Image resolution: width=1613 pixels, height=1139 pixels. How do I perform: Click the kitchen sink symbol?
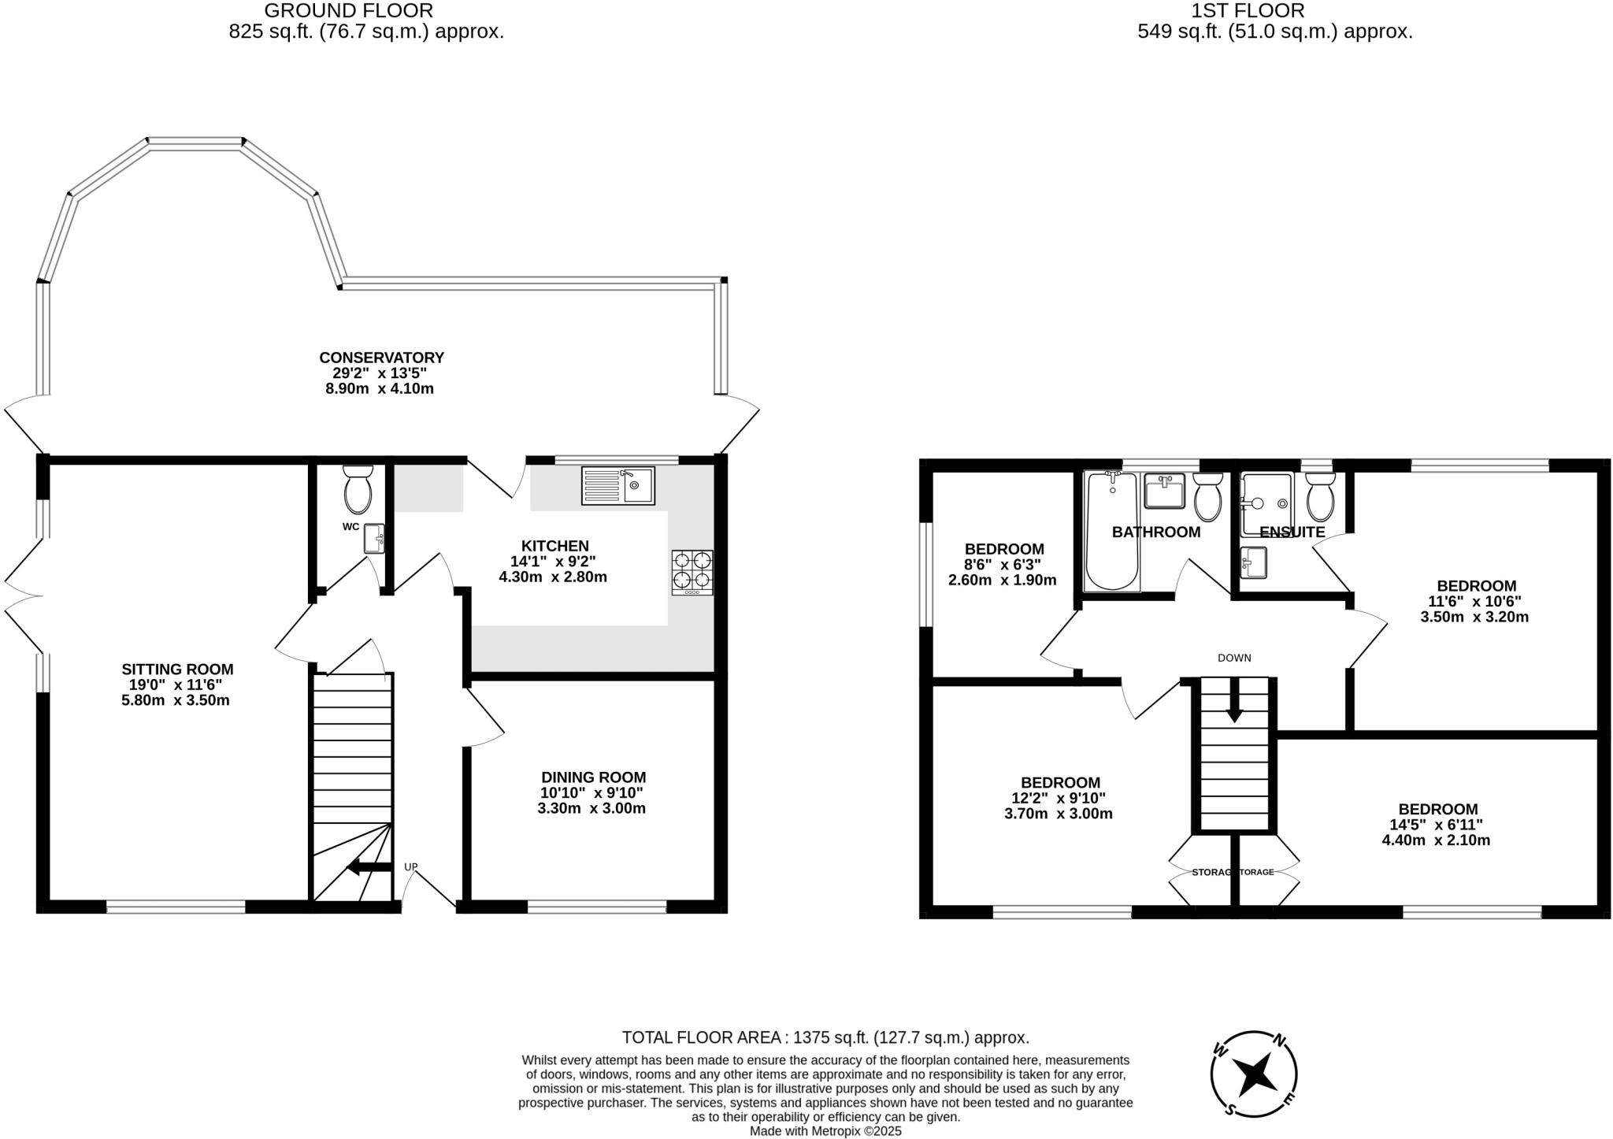[617, 486]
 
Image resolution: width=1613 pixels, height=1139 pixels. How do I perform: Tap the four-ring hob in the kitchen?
[692, 572]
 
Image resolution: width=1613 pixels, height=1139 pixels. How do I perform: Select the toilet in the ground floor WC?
[358, 489]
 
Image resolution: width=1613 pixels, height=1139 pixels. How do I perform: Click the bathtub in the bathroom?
[1111, 531]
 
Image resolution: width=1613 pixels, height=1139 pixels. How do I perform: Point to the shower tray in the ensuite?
[1266, 504]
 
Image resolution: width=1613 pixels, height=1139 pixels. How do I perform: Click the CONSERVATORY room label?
[381, 358]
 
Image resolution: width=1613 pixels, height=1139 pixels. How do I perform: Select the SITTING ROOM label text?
[177, 670]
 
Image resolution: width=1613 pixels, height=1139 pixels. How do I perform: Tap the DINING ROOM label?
[593, 777]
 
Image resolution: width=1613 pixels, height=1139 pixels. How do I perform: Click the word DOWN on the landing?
[1233, 658]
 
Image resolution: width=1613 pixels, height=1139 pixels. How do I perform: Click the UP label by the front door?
[410, 867]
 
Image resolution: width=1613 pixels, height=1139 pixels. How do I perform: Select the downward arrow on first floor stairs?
[1233, 700]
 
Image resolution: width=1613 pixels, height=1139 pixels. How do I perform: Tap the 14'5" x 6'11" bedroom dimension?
[1436, 825]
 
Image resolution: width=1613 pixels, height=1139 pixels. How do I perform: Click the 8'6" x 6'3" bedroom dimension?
[1003, 565]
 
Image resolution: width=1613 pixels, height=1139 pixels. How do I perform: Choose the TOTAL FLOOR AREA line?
[825, 1037]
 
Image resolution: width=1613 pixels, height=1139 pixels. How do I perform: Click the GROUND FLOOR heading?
[348, 11]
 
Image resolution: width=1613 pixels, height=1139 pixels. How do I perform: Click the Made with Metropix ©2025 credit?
[825, 1131]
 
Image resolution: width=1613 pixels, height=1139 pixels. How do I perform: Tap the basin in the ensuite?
[1253, 563]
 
